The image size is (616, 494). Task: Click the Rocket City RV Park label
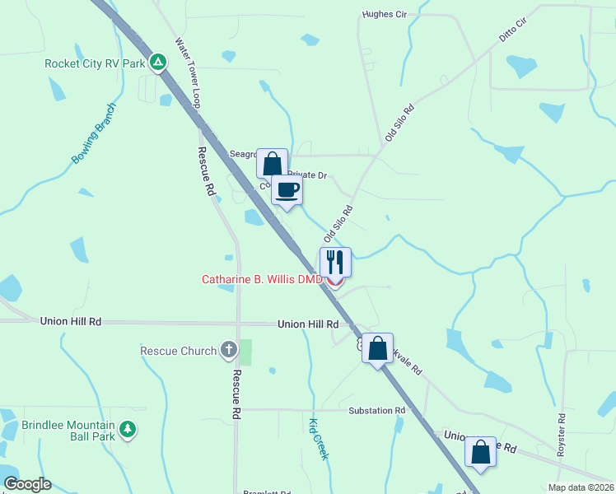[x=95, y=63]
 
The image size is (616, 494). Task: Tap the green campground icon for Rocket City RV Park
[x=160, y=62]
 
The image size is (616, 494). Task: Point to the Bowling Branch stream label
[x=95, y=133]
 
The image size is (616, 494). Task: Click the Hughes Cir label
[x=385, y=15]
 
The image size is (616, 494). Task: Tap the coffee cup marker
[x=287, y=190]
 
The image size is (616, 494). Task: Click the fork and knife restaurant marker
[x=335, y=262]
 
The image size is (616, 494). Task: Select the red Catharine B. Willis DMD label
[x=262, y=280]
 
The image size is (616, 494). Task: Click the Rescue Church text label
[x=178, y=352]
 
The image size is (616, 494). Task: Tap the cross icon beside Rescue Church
[x=229, y=351]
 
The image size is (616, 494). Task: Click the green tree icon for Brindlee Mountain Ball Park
[x=127, y=429]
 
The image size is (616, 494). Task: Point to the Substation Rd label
[x=377, y=410]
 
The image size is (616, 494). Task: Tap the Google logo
[x=27, y=484]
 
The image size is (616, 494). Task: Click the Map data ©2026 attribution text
[x=581, y=487]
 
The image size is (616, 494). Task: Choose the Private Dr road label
[x=310, y=175]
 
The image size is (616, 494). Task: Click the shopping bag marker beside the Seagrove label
[x=272, y=163]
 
